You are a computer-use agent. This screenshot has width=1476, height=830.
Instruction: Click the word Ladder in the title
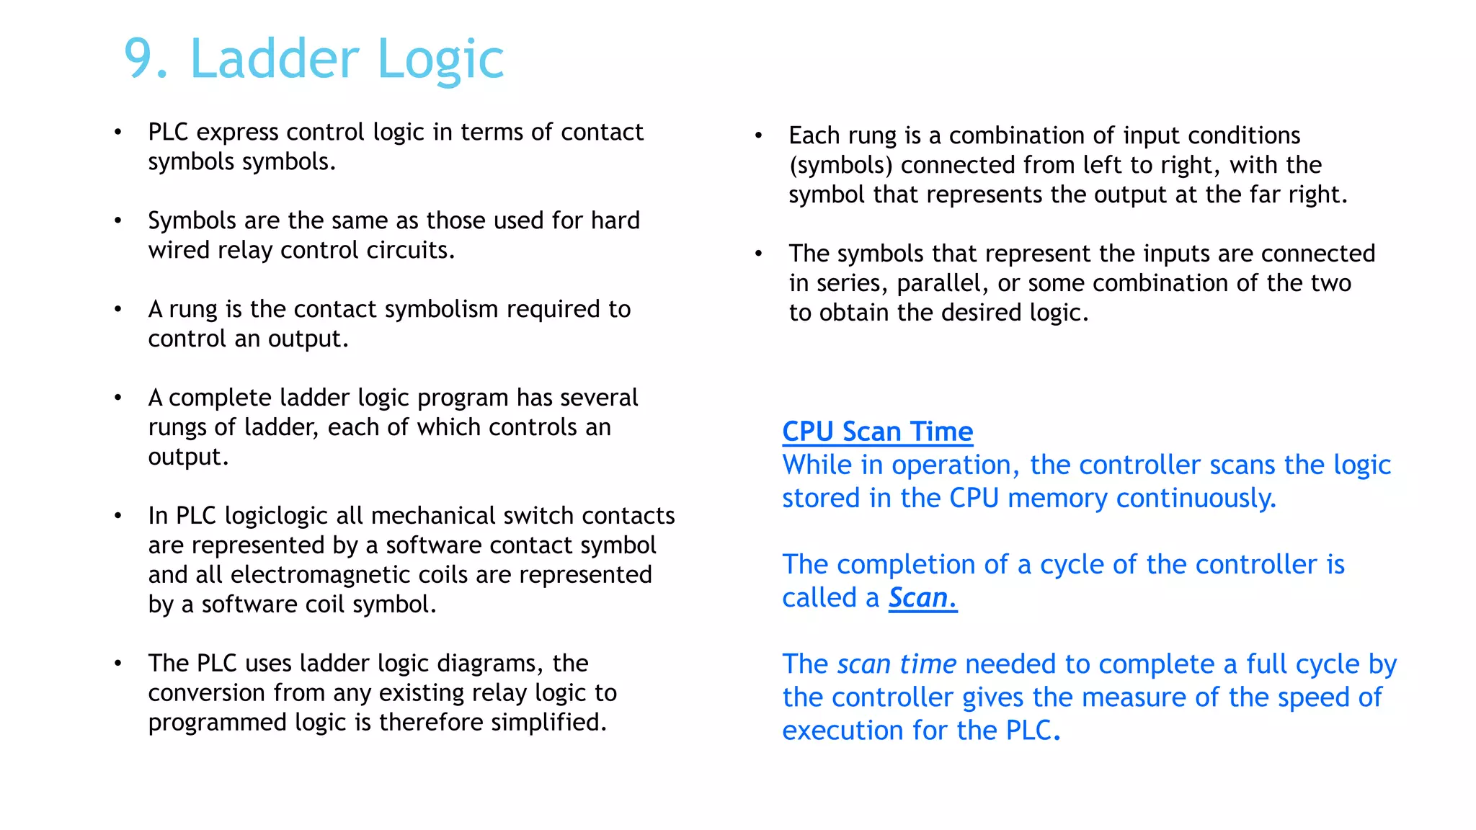[x=275, y=59]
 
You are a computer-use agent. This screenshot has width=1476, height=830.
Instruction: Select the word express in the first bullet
[x=237, y=133]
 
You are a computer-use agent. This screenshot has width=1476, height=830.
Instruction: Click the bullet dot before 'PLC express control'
[x=118, y=133]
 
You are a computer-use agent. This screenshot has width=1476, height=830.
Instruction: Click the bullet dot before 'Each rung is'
[x=758, y=135]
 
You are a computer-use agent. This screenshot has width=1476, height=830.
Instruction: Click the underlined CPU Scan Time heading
[x=877, y=432]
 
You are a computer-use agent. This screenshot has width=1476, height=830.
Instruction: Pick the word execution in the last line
[x=843, y=731]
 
